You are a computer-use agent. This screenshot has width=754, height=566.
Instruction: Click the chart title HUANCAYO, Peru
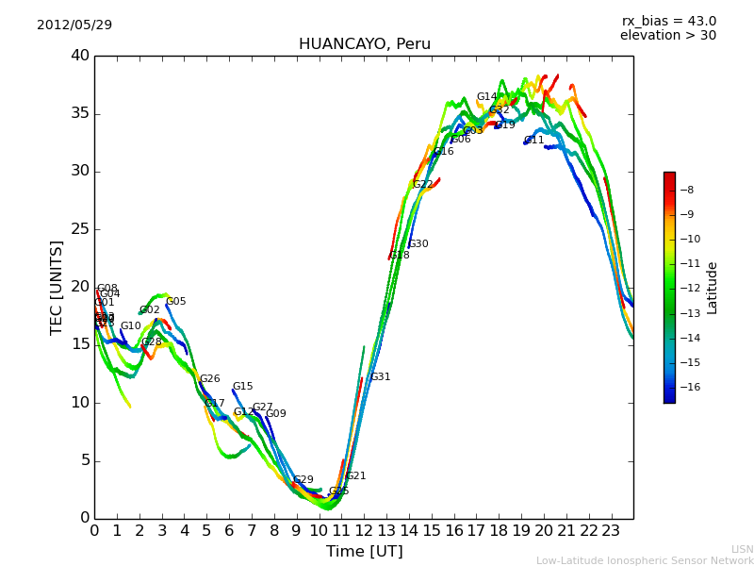[x=364, y=44]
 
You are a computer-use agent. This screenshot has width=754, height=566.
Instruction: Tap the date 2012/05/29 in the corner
[x=74, y=25]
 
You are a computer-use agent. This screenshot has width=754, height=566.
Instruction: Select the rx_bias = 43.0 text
[x=668, y=21]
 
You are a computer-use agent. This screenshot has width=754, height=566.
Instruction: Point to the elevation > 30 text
[x=667, y=35]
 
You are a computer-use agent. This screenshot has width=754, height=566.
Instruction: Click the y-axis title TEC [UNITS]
[x=57, y=287]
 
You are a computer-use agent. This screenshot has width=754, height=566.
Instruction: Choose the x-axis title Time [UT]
[x=364, y=551]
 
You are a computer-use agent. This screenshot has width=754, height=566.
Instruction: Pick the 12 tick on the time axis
[x=364, y=530]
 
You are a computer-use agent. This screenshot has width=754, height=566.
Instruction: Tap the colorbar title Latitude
[x=713, y=287]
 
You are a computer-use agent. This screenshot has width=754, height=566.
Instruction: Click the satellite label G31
[x=380, y=377]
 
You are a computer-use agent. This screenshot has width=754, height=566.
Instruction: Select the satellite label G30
[x=418, y=244]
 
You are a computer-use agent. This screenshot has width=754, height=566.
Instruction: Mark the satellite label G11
[x=533, y=141]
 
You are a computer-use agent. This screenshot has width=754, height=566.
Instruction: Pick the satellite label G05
[x=176, y=302]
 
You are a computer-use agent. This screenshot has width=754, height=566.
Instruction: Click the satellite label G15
[x=243, y=387]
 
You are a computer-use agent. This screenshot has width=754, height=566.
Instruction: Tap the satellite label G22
[x=423, y=185]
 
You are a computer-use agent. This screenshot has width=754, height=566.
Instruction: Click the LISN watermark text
[x=742, y=549]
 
